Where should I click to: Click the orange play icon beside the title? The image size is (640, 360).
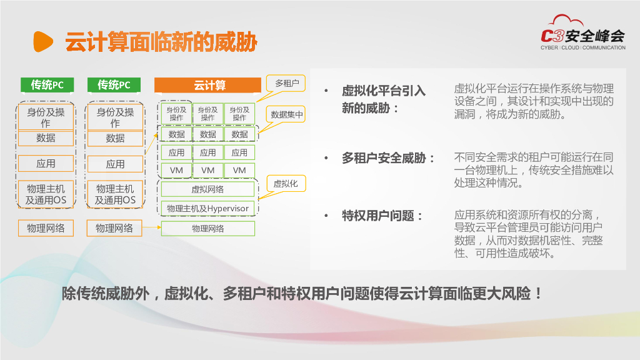tap(43, 42)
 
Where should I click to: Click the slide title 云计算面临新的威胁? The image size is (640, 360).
tap(161, 42)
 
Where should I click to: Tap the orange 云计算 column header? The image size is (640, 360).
tap(207, 85)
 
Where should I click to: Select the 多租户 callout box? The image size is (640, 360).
tap(286, 83)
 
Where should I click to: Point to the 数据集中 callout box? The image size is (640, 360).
tap(286, 115)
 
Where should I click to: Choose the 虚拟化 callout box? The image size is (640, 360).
tap(286, 184)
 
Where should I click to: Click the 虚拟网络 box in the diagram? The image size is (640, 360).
tap(207, 189)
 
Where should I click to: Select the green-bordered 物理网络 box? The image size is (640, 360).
tap(207, 229)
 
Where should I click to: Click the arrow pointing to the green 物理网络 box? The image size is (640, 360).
tap(151, 227)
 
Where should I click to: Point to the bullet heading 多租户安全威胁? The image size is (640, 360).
tap(388, 158)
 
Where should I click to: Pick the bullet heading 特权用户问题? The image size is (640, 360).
tap(382, 216)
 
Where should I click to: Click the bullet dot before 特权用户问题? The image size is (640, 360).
tap(326, 216)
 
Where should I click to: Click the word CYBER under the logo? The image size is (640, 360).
tap(549, 47)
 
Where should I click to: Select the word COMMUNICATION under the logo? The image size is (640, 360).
tap(604, 47)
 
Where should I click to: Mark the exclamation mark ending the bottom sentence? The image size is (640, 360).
tap(539, 294)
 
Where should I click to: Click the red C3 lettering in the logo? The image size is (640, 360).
tap(553, 36)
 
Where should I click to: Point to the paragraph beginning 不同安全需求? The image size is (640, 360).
tap(534, 170)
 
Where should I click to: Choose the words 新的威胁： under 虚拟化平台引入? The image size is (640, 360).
tap(370, 108)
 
